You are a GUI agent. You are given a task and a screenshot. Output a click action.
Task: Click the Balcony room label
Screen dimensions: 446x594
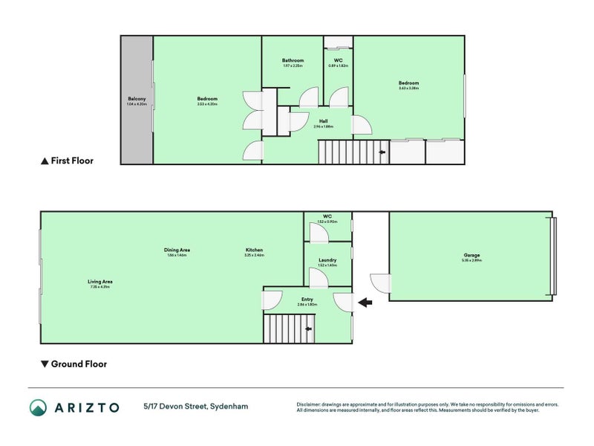[137, 99]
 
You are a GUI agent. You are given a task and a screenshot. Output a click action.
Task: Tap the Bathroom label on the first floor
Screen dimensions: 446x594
[293, 60]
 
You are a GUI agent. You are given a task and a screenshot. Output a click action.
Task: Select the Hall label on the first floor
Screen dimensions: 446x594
[323, 120]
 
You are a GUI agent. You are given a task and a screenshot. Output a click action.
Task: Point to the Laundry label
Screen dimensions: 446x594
[327, 260]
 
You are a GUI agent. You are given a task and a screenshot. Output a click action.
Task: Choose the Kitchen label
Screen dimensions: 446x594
[254, 250]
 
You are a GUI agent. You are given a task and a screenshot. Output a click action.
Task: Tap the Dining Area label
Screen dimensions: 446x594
[177, 250]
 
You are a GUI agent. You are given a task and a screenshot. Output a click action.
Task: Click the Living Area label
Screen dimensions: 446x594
[99, 281]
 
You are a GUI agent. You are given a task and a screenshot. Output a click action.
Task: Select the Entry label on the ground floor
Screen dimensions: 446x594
[307, 300]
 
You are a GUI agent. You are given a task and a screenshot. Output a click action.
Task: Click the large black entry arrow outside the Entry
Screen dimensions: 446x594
[365, 303]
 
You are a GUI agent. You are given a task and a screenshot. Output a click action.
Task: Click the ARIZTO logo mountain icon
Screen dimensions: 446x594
[38, 407]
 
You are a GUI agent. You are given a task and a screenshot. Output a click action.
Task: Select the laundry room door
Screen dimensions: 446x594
[319, 278]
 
